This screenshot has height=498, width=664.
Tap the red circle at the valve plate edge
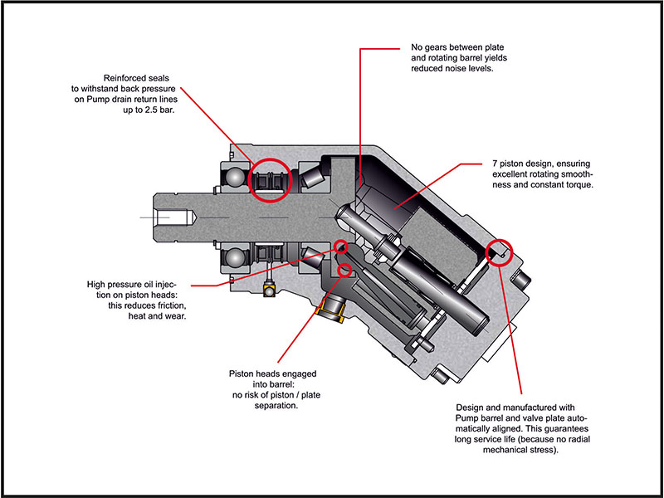click(500, 250)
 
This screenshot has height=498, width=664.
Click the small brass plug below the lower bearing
click(268, 290)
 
